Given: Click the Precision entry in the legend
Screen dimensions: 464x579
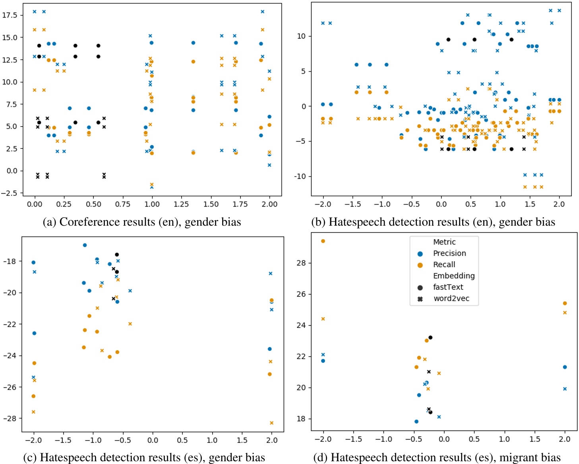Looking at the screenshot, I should pos(449,253).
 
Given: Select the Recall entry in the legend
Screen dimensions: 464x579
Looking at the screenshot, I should pos(444,265).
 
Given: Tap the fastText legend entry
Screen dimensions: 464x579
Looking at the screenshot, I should pos(448,287).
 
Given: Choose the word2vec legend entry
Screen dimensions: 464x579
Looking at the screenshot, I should pos(451,298).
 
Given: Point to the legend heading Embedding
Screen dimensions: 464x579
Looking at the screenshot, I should pos(453,276).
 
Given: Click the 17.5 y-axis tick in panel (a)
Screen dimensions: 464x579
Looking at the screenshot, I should pos(10,15).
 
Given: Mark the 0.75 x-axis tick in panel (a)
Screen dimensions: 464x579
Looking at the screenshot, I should pos(123,204).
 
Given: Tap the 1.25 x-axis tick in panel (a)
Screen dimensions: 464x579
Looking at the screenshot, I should pos(181,204).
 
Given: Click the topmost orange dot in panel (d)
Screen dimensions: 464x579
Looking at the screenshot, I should pos(323,241).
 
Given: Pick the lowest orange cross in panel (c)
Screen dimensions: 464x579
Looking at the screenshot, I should pos(272,423).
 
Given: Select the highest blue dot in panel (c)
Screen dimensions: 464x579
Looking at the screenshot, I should pos(85,245).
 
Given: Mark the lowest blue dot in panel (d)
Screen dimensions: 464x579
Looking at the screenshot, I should pos(416,421).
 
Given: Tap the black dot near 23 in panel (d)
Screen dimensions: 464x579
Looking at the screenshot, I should pos(430,337).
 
